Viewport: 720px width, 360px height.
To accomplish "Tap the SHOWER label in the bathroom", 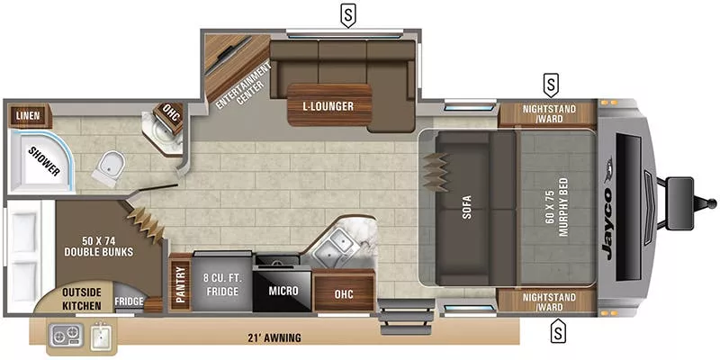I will (x=42, y=158).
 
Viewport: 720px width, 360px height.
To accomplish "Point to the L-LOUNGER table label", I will (x=328, y=106).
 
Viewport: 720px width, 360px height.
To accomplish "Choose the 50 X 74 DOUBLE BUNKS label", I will (x=95, y=246).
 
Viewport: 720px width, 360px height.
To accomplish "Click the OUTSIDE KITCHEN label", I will (x=81, y=299).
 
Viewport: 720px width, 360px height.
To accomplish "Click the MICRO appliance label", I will (x=283, y=291).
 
